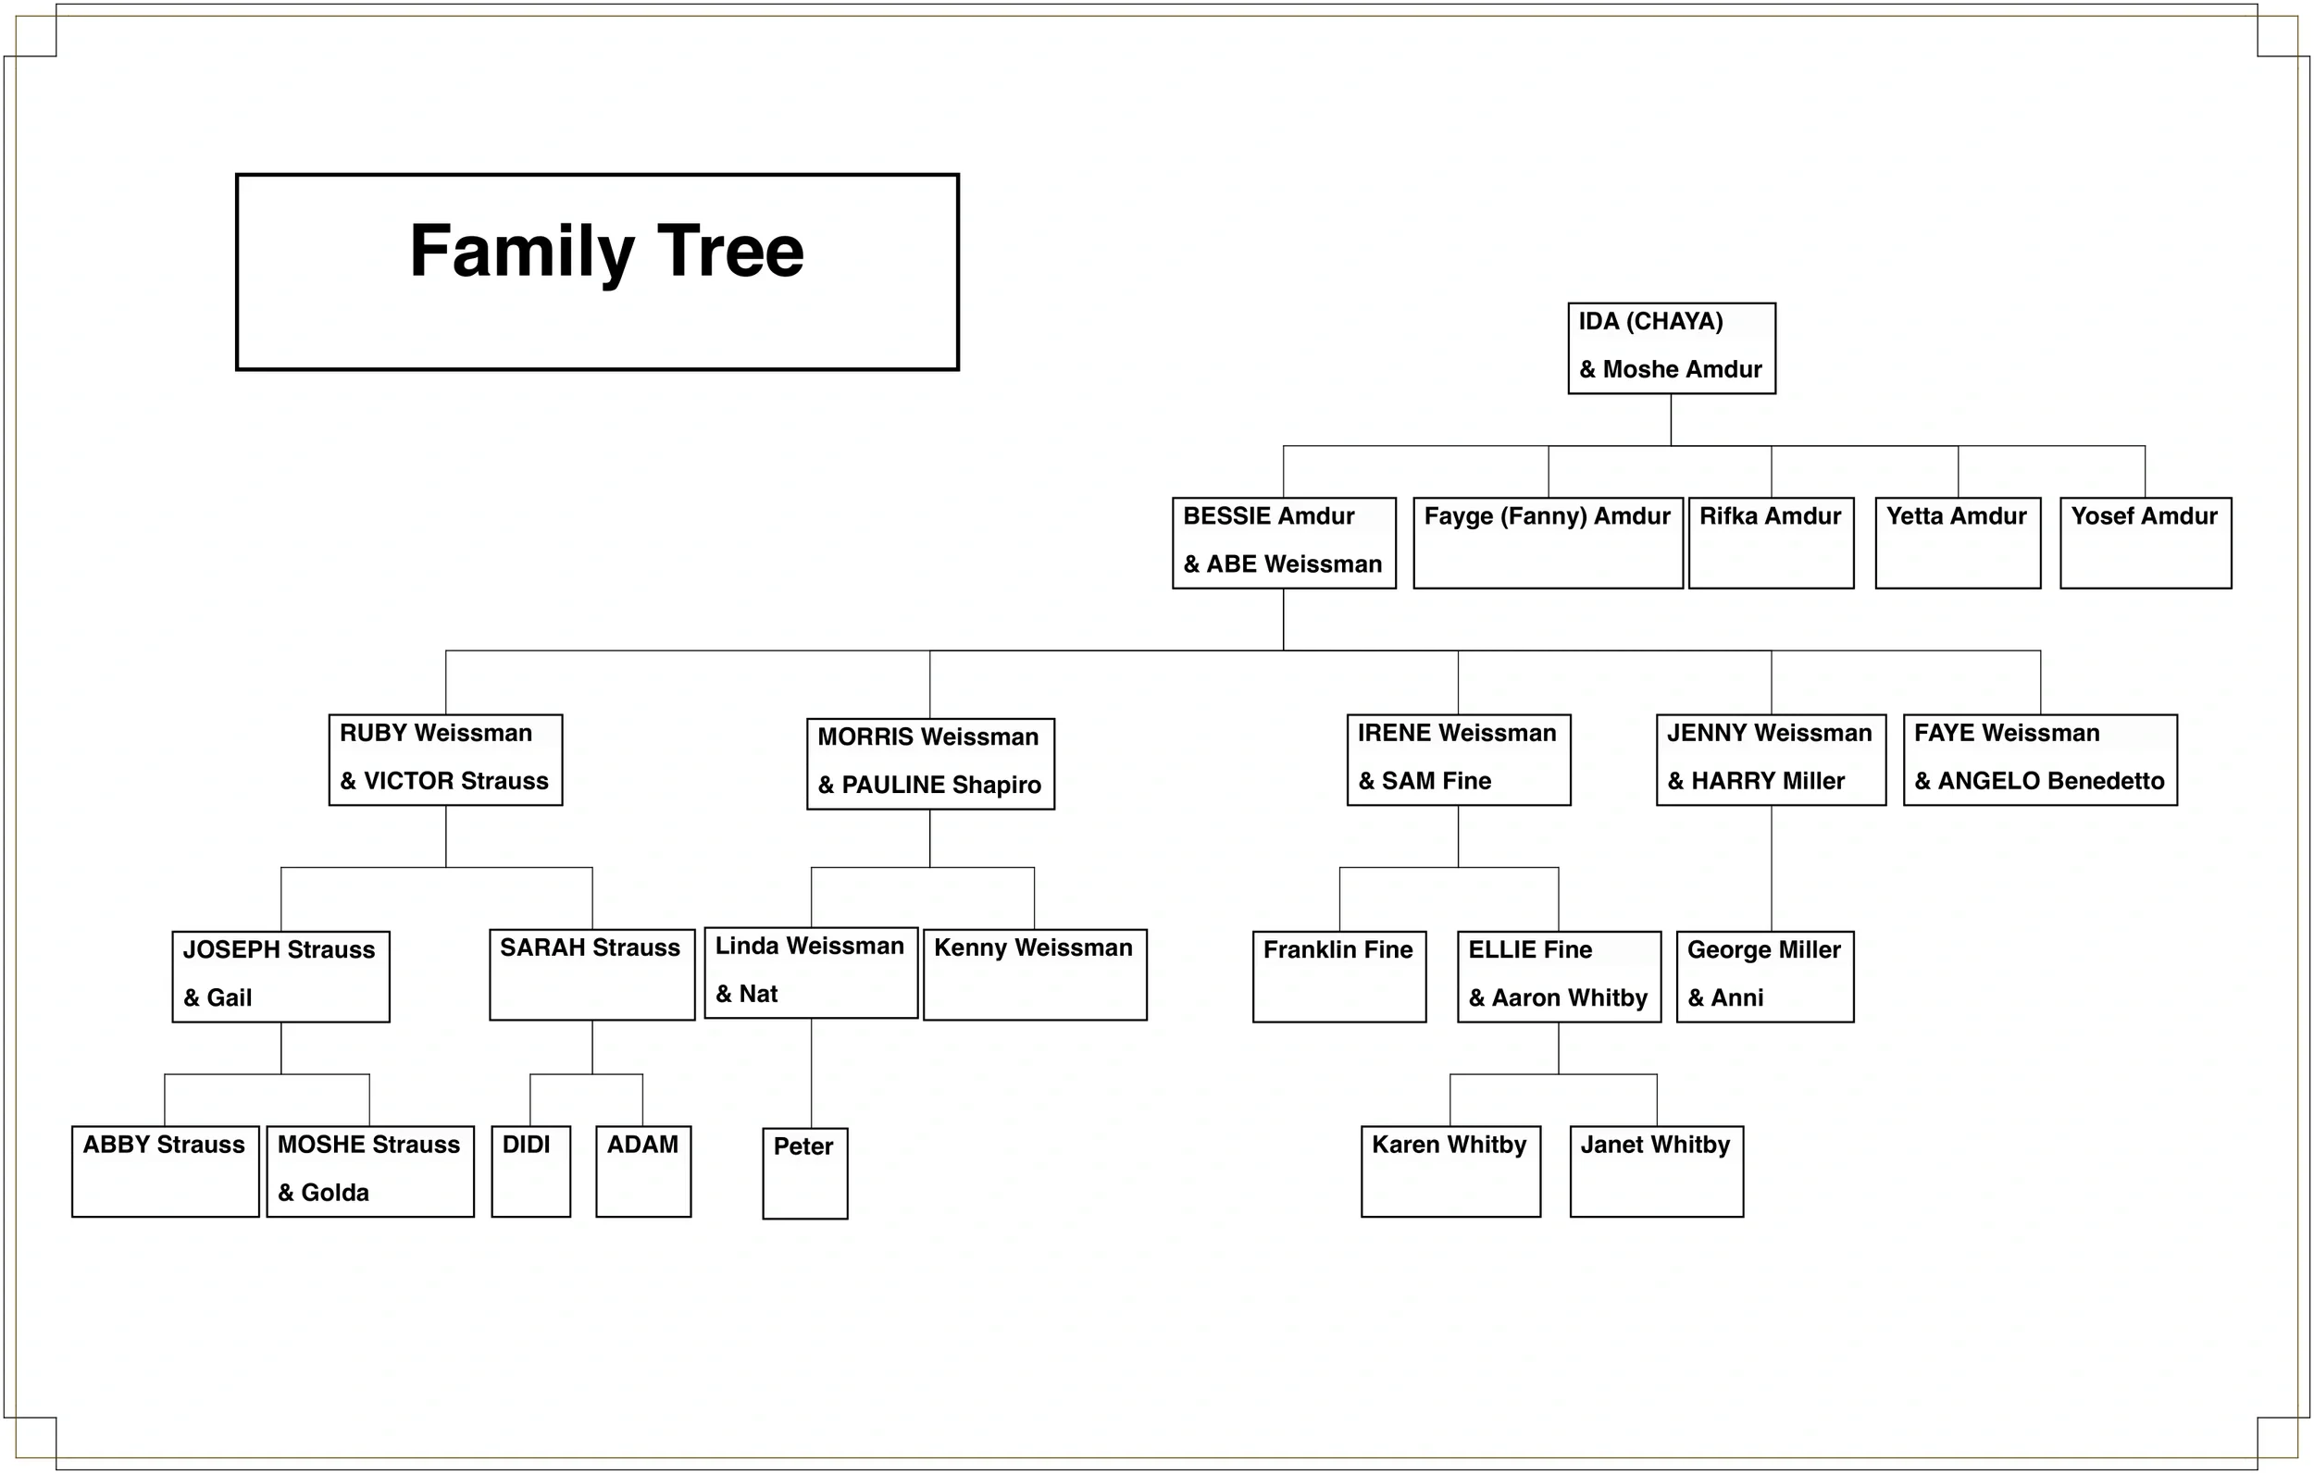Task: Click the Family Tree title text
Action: [606, 252]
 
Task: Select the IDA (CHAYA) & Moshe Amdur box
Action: [1671, 348]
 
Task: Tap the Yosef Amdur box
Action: [2145, 542]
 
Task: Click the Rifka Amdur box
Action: [1770, 542]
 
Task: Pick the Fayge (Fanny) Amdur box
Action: [1548, 542]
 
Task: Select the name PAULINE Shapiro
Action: [940, 785]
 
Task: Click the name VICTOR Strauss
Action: [455, 781]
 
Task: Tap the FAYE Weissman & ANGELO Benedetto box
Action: [2039, 759]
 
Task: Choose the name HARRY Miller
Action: [1767, 781]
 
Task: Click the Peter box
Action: [804, 1172]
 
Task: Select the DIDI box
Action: [530, 1171]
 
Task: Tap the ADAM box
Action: [643, 1171]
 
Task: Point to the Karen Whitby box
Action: [1450, 1171]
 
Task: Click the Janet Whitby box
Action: [1656, 1171]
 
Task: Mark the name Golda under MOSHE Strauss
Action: [334, 1193]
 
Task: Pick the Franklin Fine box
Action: [1338, 975]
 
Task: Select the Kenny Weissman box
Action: [1034, 973]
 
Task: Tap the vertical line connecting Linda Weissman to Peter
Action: [811, 1072]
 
